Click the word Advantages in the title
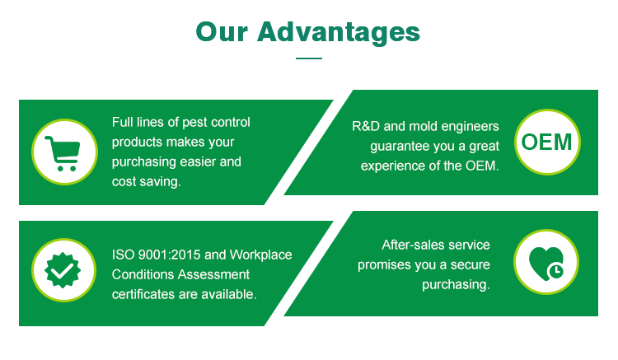click(339, 33)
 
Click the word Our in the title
click(222, 32)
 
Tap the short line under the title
click(309, 58)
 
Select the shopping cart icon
click(63, 153)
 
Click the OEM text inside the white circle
click(546, 142)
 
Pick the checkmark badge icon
click(63, 270)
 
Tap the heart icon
click(545, 263)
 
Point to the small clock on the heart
click(555, 270)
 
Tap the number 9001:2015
click(170, 255)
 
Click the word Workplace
click(261, 255)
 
